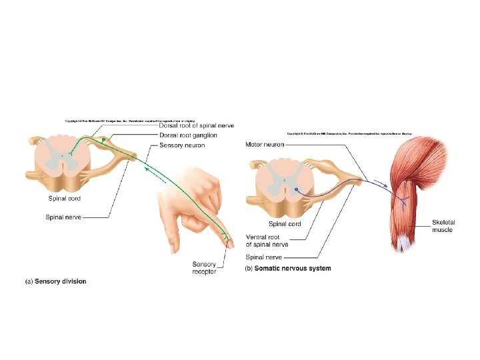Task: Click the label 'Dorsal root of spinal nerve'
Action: [x=196, y=126]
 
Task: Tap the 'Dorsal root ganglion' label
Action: [x=187, y=135]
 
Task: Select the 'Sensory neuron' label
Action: [x=182, y=145]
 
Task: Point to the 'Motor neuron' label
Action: [x=265, y=144]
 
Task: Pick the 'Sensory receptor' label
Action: [x=204, y=268]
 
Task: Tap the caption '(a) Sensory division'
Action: [x=56, y=281]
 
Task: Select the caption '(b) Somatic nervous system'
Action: [x=288, y=269]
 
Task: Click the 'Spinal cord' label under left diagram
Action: [x=65, y=198]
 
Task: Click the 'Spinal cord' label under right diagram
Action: [x=285, y=224]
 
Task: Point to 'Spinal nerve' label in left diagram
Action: [x=63, y=217]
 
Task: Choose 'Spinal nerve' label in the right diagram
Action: [x=265, y=257]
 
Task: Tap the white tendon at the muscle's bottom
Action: [x=404, y=245]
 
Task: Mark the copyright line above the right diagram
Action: [x=349, y=133]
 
